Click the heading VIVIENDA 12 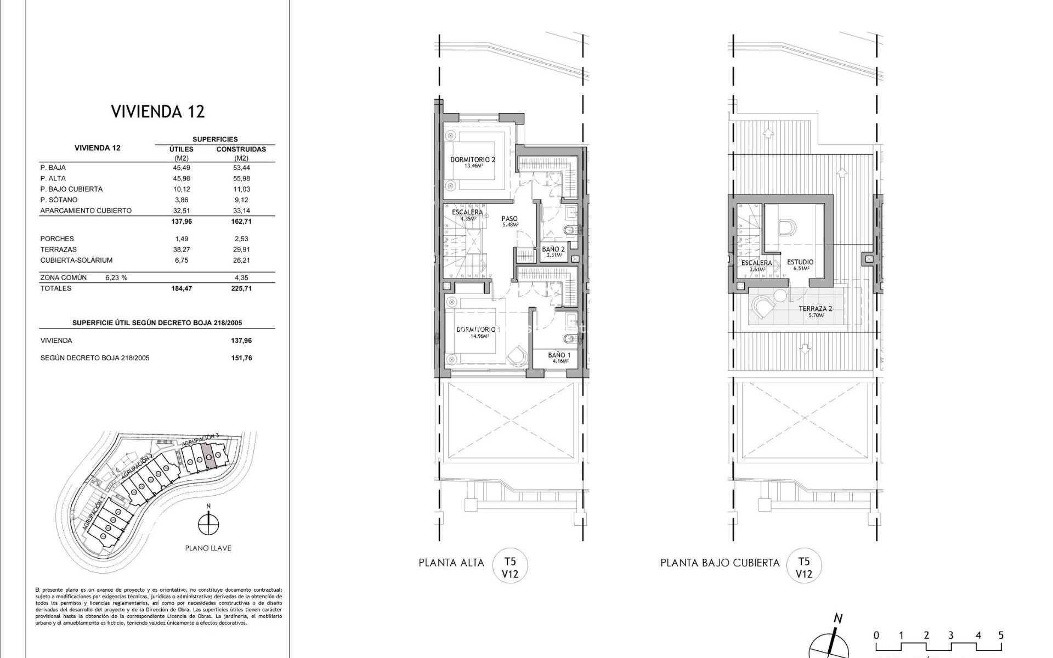coord(158,112)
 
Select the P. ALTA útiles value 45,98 coord(182,178)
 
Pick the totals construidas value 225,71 coord(241,288)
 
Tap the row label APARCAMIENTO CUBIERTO coord(86,211)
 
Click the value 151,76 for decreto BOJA coord(241,358)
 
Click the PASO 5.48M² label coord(509,222)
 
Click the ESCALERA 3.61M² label coord(756,265)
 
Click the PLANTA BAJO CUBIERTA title coord(720,563)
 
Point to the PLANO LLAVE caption coord(208,548)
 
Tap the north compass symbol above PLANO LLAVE coord(208,524)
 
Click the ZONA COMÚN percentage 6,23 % coord(116,278)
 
